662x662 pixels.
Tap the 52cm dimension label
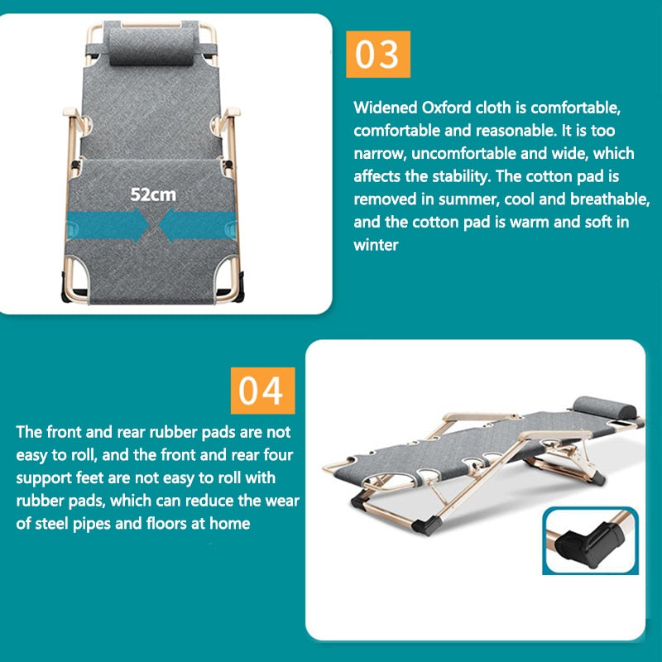tap(152, 195)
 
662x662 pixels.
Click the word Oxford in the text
tap(439, 108)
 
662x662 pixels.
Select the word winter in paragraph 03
tap(377, 246)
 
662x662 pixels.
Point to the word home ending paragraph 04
tap(228, 524)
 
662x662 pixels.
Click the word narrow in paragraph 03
tap(377, 154)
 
